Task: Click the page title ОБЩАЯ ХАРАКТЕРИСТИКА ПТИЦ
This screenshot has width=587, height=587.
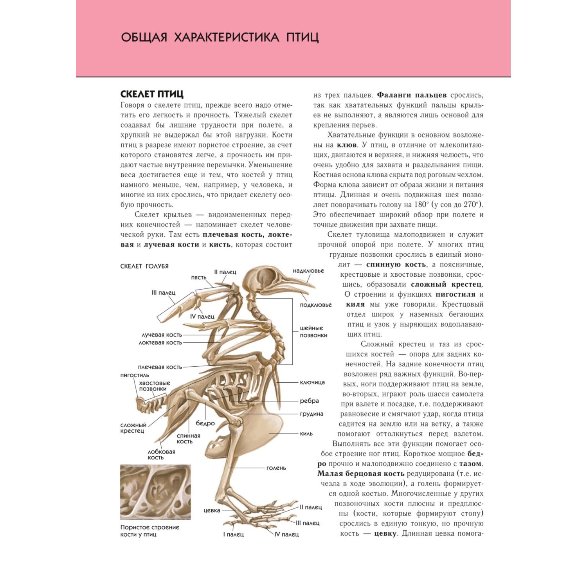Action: (x=220, y=38)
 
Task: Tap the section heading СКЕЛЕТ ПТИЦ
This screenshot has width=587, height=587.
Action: (x=152, y=94)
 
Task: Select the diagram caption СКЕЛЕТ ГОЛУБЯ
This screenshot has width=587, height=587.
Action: (x=144, y=266)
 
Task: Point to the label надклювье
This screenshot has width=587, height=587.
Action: (x=308, y=271)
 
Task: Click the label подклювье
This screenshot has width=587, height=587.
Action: (x=315, y=305)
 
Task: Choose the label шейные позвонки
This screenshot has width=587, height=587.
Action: (x=313, y=331)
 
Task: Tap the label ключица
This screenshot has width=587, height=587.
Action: (x=312, y=382)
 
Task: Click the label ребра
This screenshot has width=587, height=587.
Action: (x=309, y=401)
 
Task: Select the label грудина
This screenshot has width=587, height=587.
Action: (x=312, y=414)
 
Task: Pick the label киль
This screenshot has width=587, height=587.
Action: (x=306, y=434)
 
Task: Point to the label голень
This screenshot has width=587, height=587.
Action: (x=276, y=468)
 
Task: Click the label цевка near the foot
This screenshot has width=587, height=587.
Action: (x=212, y=510)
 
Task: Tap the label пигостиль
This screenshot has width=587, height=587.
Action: (x=135, y=375)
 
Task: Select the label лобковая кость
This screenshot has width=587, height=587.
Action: (x=161, y=454)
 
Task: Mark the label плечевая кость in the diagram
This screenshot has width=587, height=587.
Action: (x=160, y=367)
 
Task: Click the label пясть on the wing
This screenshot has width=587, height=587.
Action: (x=198, y=277)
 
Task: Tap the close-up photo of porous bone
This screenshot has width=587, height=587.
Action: (x=155, y=492)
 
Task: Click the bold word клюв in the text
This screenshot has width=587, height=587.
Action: (x=347, y=145)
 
